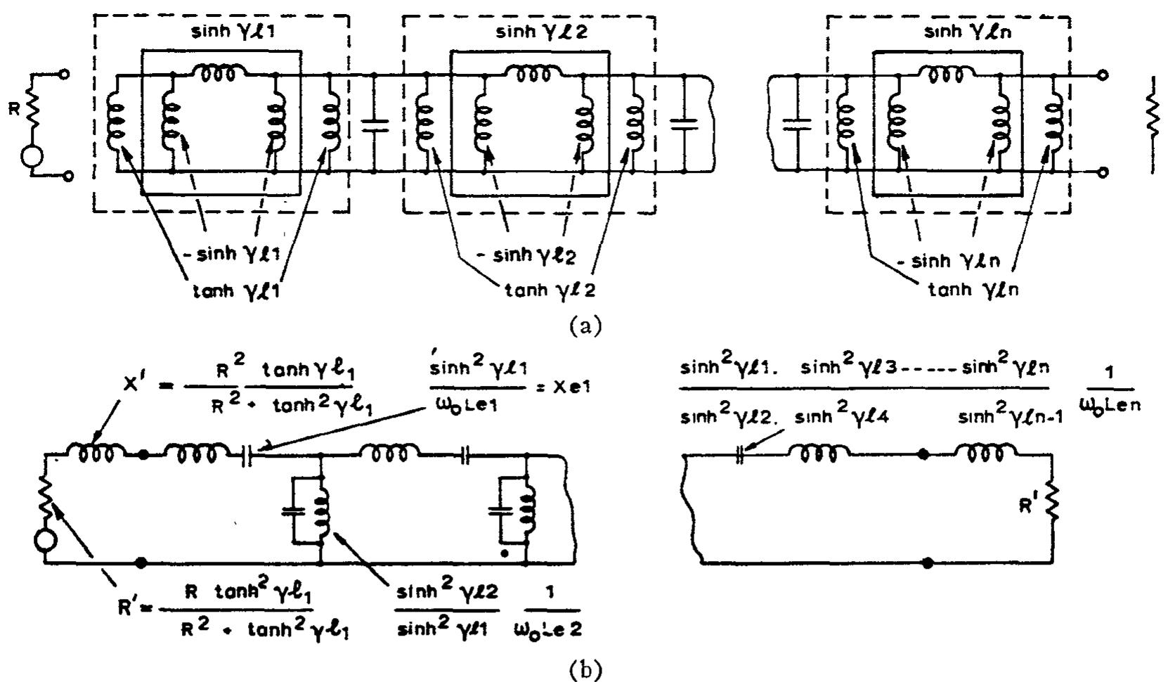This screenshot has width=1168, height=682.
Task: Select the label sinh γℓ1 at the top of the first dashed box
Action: click(x=220, y=32)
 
